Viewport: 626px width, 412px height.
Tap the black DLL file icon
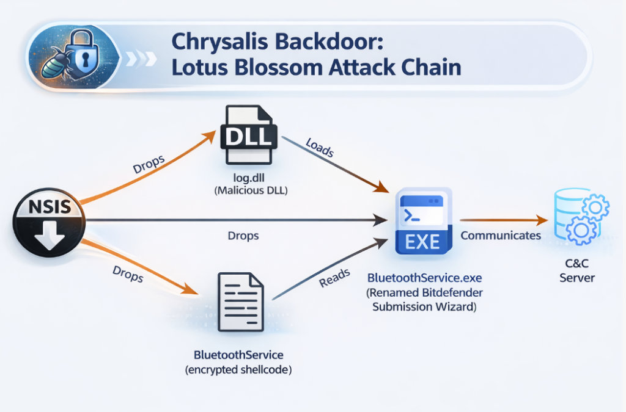pyautogui.click(x=248, y=135)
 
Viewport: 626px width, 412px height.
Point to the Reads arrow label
pyautogui.click(x=334, y=278)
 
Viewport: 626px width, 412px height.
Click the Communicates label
pyautogui.click(x=500, y=235)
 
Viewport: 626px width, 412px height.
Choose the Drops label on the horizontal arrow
pyautogui.click(x=243, y=235)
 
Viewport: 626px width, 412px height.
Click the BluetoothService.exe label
pyautogui.click(x=421, y=278)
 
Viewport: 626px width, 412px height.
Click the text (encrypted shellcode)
pyautogui.click(x=238, y=369)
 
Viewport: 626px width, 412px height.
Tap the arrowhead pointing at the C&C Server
pyautogui.click(x=541, y=220)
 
